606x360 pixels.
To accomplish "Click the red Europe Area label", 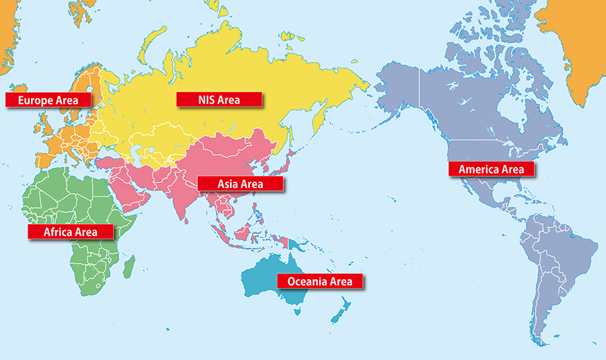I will click(48, 100).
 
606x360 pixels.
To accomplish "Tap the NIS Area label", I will click(219, 100).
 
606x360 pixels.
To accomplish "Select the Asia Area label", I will click(240, 183).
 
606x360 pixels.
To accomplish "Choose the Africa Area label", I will click(70, 232).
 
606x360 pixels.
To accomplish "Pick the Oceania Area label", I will click(320, 281).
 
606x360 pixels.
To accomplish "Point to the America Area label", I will click(491, 169).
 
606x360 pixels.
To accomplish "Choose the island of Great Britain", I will click(46, 124).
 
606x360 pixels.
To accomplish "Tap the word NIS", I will click(207, 100).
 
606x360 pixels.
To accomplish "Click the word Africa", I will click(59, 232).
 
